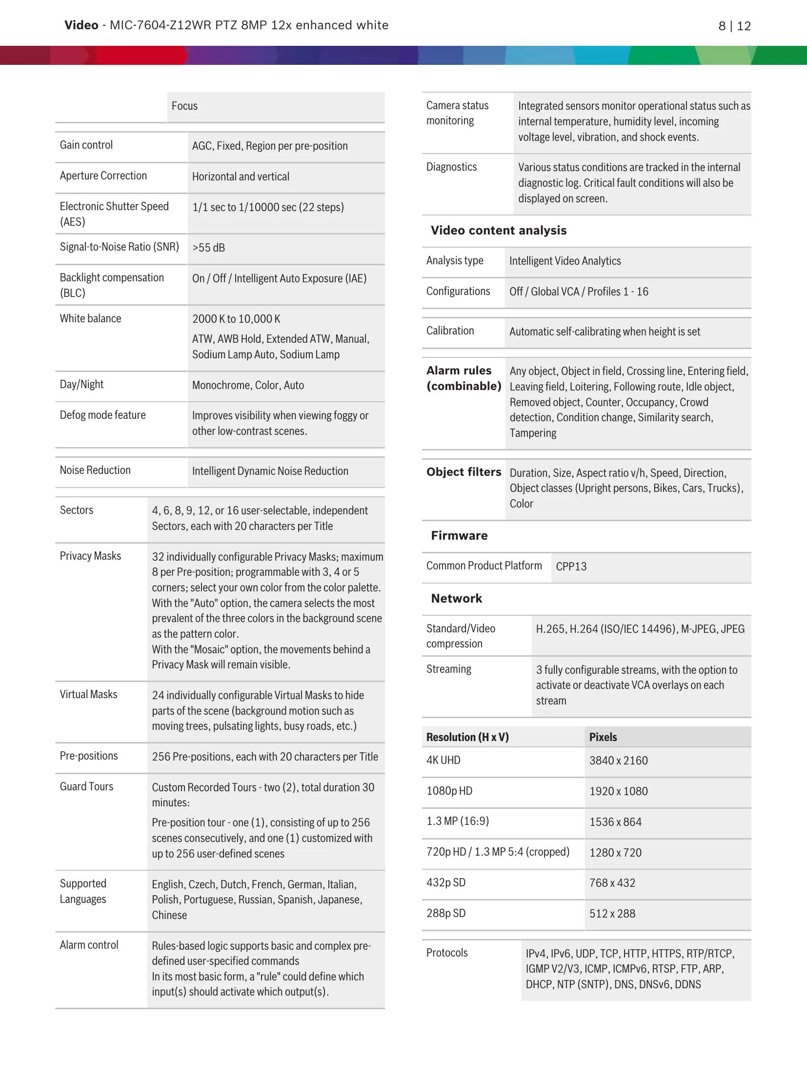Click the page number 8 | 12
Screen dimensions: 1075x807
(734, 26)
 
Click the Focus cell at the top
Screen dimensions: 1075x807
(184, 106)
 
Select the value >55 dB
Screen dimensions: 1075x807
(209, 248)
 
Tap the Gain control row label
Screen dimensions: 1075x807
(86, 145)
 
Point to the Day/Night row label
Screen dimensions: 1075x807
(81, 385)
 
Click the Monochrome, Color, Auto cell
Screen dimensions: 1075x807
(248, 386)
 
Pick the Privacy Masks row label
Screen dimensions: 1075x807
(90, 556)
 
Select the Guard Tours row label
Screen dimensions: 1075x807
(86, 787)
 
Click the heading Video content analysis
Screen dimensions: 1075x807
(499, 231)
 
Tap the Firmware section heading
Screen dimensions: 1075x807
(459, 536)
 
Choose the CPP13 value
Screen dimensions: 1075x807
(571, 567)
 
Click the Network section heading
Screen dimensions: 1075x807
(457, 599)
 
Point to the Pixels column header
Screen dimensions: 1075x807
(603, 737)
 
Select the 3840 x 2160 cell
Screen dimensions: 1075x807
(618, 761)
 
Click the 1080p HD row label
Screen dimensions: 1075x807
(449, 791)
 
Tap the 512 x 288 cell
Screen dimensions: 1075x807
(612, 914)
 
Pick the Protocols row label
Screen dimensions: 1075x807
(447, 953)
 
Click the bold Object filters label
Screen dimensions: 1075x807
(464, 472)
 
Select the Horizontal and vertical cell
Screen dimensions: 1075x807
(241, 177)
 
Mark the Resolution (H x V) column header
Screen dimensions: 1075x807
(467, 737)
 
